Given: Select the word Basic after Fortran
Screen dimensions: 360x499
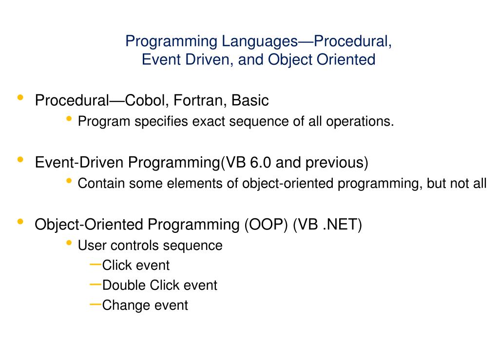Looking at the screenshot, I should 250,101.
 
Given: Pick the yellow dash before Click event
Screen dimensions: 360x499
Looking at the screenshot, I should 96,265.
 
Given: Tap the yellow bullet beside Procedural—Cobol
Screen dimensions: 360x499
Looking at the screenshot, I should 20,98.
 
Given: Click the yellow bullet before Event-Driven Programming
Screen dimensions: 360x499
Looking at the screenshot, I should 20,160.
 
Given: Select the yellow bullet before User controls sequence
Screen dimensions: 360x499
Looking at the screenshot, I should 69,243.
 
